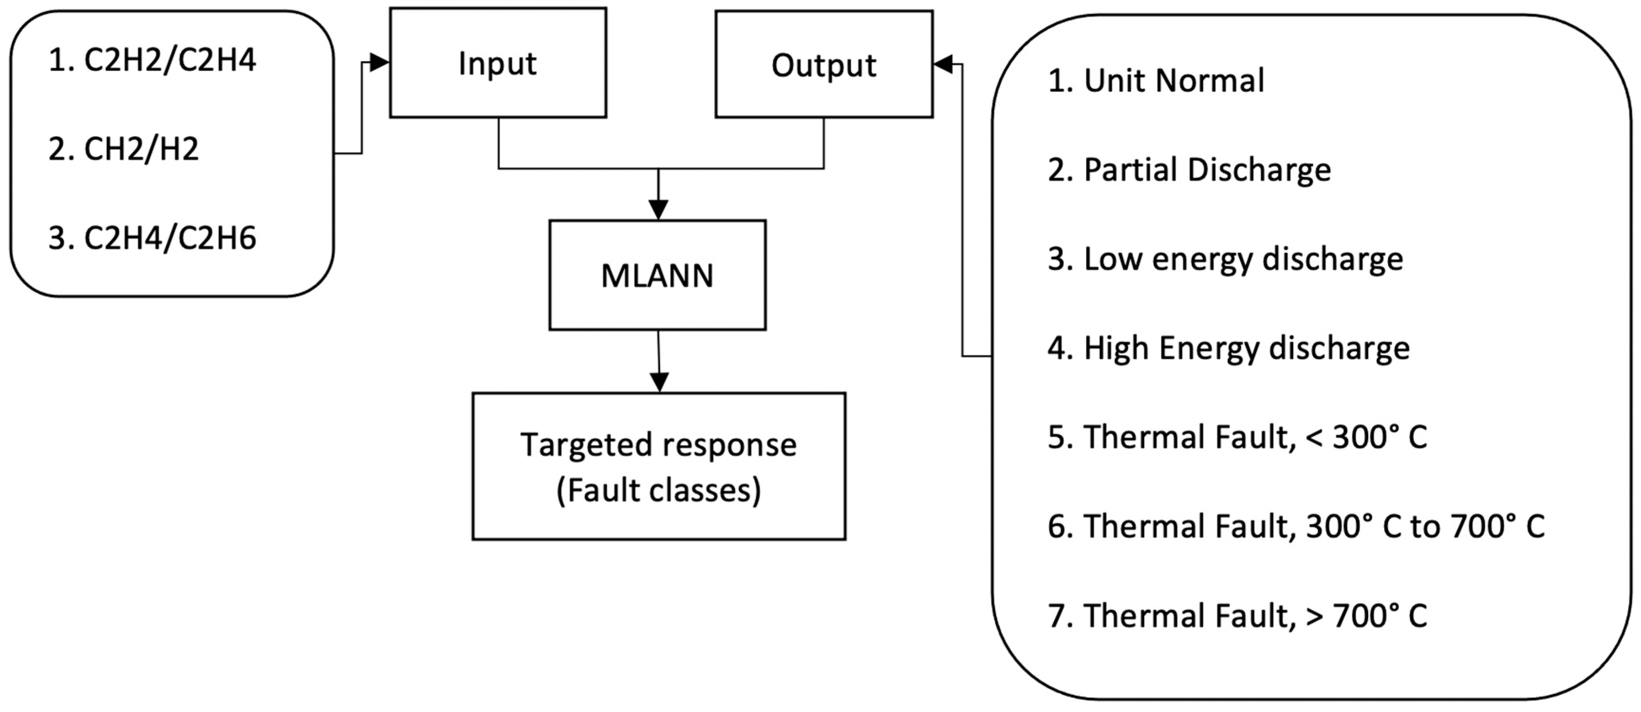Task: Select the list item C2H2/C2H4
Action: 152,60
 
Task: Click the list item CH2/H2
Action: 124,149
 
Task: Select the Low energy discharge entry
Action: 1225,259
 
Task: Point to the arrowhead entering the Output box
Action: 943,64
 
